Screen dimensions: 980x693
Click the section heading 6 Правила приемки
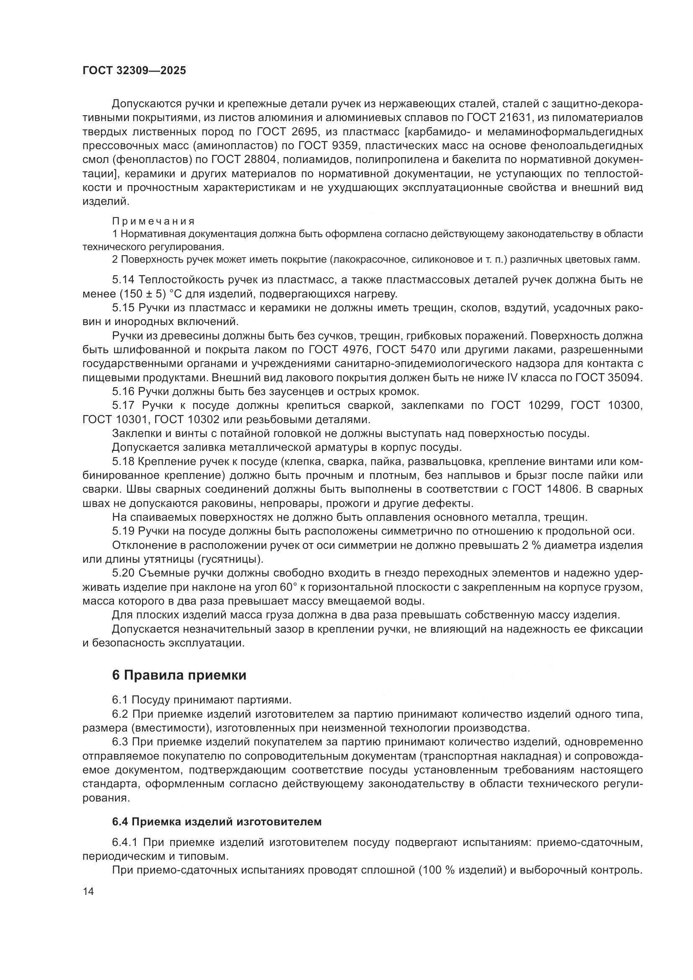point(179,675)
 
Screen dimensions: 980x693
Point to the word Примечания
point(154,221)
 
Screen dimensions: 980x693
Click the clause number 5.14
point(123,279)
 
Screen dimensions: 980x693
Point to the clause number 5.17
point(123,405)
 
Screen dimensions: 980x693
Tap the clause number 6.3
point(121,742)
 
